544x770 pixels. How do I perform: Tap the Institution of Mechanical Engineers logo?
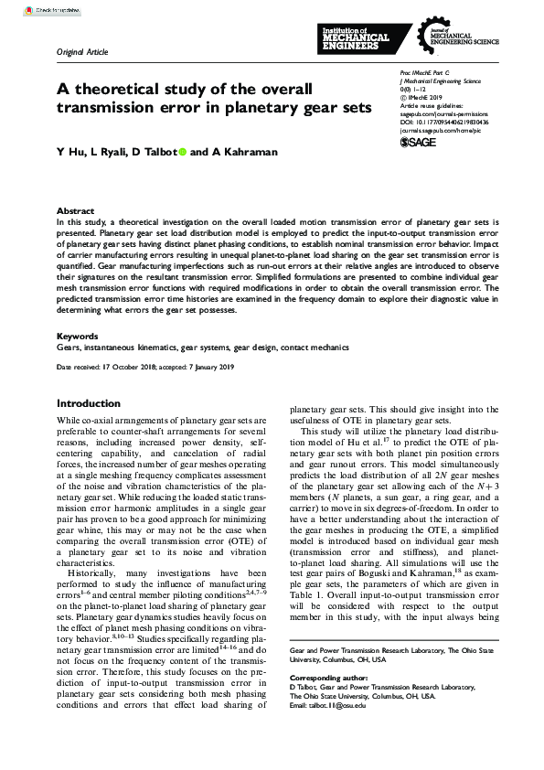(x=355, y=37)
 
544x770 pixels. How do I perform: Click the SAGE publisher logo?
(x=418, y=142)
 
